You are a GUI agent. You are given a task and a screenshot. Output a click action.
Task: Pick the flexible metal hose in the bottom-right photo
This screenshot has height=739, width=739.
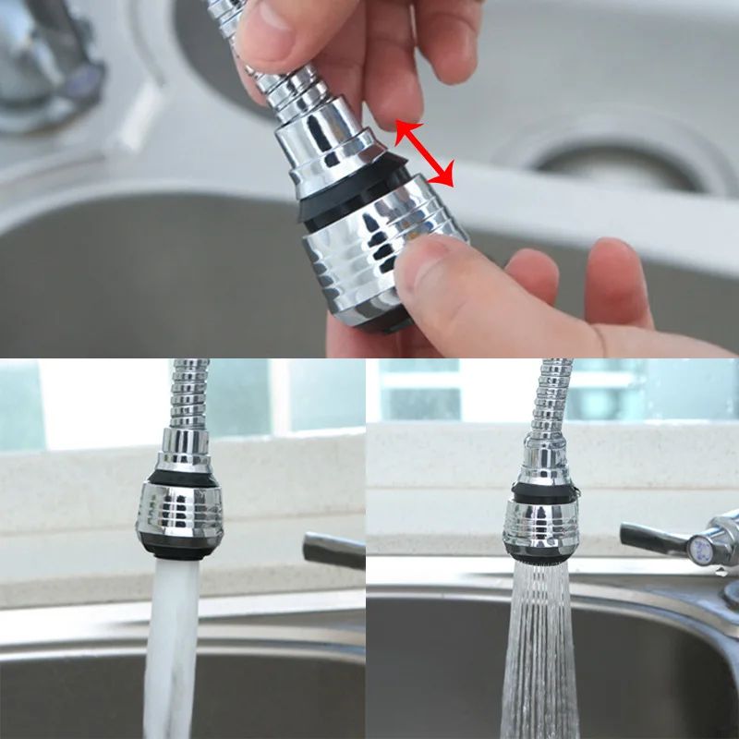point(549,397)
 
